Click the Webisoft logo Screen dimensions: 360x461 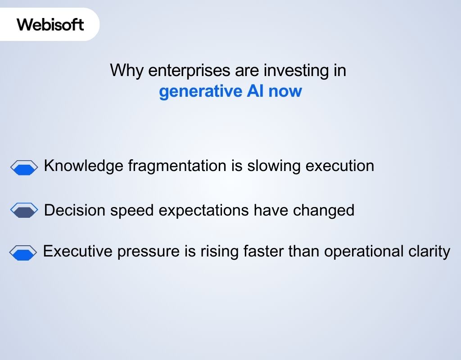coord(50,24)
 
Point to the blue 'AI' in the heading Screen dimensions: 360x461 coord(255,91)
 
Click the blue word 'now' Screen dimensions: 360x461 coord(285,91)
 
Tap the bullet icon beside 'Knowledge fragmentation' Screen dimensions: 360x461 coord(24,168)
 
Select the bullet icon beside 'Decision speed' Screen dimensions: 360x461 coord(24,210)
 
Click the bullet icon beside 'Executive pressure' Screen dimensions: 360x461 coord(23,253)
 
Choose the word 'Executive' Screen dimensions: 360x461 coord(77,251)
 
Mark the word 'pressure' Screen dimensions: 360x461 coord(148,251)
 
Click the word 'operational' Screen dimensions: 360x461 coord(361,251)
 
